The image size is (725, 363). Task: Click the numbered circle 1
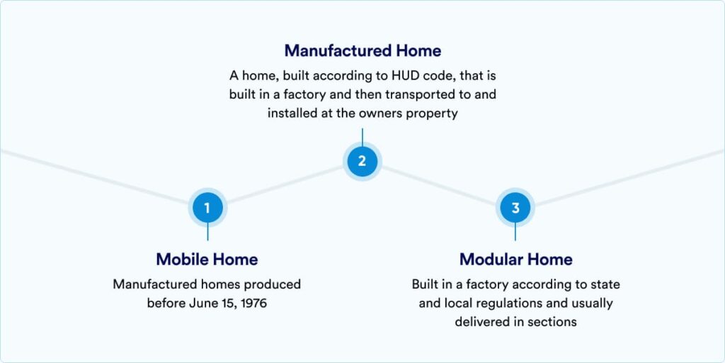click(207, 208)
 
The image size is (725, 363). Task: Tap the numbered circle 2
click(362, 161)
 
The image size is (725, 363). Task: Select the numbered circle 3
click(515, 208)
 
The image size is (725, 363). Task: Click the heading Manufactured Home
click(362, 50)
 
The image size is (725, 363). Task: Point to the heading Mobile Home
click(207, 259)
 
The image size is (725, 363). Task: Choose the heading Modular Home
click(515, 259)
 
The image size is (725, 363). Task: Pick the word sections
click(554, 323)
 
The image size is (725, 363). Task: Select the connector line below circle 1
click(207, 232)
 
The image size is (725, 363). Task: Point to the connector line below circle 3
click(515, 232)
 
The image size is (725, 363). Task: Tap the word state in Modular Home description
click(606, 284)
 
